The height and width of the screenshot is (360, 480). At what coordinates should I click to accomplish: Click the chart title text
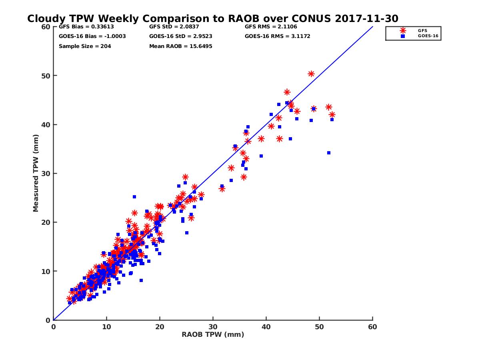[x=212, y=19]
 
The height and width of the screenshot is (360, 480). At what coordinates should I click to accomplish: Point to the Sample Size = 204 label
[x=85, y=46]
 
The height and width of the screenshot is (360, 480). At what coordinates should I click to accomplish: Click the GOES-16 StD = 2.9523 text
[x=180, y=36]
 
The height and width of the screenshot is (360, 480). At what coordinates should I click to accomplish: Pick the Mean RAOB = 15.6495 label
[x=180, y=46]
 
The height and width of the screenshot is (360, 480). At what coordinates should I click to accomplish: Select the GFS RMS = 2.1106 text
[x=271, y=27]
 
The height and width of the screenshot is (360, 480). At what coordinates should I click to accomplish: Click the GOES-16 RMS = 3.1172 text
[x=278, y=36]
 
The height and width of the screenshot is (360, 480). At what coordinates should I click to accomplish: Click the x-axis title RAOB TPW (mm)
[x=213, y=335]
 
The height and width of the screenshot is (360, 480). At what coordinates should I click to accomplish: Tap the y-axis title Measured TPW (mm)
[x=36, y=173]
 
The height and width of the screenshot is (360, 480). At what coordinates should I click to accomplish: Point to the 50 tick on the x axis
[x=319, y=327]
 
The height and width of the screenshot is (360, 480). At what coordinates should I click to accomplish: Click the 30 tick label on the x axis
[x=213, y=327]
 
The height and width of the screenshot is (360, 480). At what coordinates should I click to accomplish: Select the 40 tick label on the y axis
[x=46, y=124]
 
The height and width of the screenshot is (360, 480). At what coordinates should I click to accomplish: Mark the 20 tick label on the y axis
[x=46, y=222]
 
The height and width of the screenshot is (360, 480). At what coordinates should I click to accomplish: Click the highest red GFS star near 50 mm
[x=311, y=74]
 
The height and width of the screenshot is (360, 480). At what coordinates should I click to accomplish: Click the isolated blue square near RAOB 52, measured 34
[x=329, y=153]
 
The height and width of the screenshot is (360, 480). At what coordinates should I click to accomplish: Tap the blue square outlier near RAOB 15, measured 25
[x=134, y=197]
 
